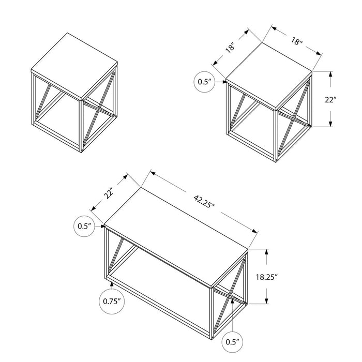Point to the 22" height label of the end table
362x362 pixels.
click(x=345, y=100)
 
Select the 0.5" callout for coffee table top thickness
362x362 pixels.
click(x=84, y=225)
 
